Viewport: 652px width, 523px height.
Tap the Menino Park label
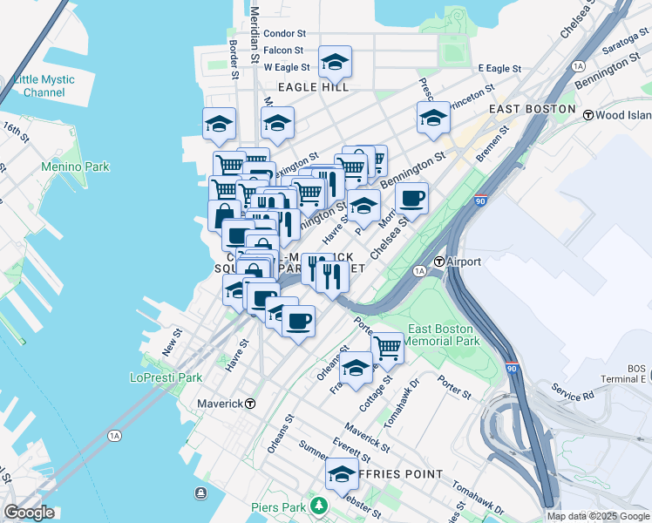click(76, 166)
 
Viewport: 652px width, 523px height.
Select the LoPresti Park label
click(166, 377)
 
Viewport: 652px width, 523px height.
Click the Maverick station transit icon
click(250, 404)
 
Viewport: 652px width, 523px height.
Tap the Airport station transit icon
click(440, 261)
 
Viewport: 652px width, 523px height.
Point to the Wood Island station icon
click(588, 115)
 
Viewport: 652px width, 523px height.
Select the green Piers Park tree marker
click(320, 505)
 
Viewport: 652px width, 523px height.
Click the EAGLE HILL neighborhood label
click(313, 87)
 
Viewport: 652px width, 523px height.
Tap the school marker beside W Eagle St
click(335, 62)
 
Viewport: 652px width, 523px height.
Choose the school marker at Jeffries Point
click(342, 475)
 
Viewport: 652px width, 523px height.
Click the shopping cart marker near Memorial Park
click(387, 349)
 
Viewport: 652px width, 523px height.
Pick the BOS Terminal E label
click(625, 373)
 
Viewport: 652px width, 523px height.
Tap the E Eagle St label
click(499, 68)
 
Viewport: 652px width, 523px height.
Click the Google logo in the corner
click(29, 512)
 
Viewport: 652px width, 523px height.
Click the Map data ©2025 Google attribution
click(598, 516)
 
